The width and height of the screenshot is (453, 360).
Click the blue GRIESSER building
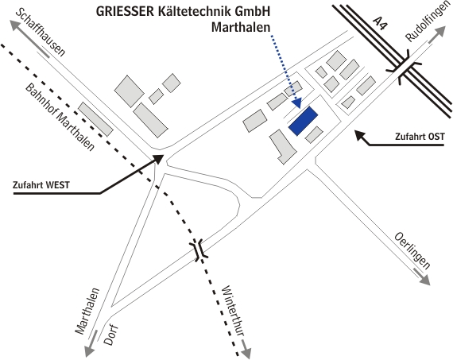click(304, 121)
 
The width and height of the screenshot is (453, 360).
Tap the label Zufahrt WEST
click(41, 185)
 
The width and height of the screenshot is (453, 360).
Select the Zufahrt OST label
click(420, 137)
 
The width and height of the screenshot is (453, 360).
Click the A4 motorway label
click(380, 24)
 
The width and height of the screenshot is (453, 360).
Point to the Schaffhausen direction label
click(41, 33)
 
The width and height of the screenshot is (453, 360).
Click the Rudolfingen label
click(424, 22)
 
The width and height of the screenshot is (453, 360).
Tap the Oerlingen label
click(412, 250)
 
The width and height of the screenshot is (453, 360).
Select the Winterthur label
click(234, 311)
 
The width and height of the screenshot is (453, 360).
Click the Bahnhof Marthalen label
click(60, 118)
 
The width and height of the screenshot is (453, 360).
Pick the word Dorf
click(111, 335)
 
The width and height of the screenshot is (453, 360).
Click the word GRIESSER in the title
click(125, 12)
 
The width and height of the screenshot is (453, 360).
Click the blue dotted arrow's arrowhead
click(296, 103)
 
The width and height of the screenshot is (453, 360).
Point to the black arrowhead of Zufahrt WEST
click(157, 158)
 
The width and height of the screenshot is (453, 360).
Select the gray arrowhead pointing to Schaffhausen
click(15, 25)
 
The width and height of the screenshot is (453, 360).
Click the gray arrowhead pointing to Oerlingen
click(425, 281)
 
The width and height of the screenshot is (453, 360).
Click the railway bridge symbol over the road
click(199, 250)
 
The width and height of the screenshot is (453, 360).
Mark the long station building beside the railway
click(95, 118)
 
